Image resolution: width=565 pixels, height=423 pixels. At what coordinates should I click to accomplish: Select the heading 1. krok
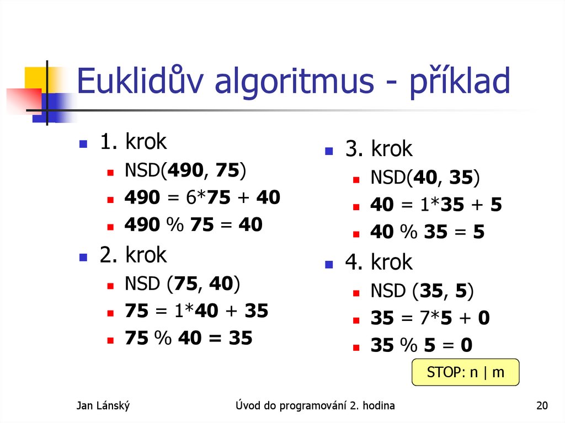tap(132, 142)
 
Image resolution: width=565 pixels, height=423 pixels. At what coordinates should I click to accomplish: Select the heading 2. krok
tap(132, 255)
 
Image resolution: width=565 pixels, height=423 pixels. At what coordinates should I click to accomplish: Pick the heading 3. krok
tap(379, 149)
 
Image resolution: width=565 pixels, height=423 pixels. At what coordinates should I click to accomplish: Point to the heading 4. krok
tap(379, 262)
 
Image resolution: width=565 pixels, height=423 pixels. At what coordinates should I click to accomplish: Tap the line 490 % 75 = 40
tap(194, 224)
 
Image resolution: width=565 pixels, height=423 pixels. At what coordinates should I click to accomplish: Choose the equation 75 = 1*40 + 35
tap(196, 311)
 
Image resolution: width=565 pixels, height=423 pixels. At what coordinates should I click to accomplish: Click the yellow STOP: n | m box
tap(466, 372)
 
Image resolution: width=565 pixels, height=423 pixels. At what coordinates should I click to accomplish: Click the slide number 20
tap(542, 406)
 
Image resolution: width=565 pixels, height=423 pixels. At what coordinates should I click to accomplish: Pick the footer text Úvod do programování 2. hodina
tap(315, 406)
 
